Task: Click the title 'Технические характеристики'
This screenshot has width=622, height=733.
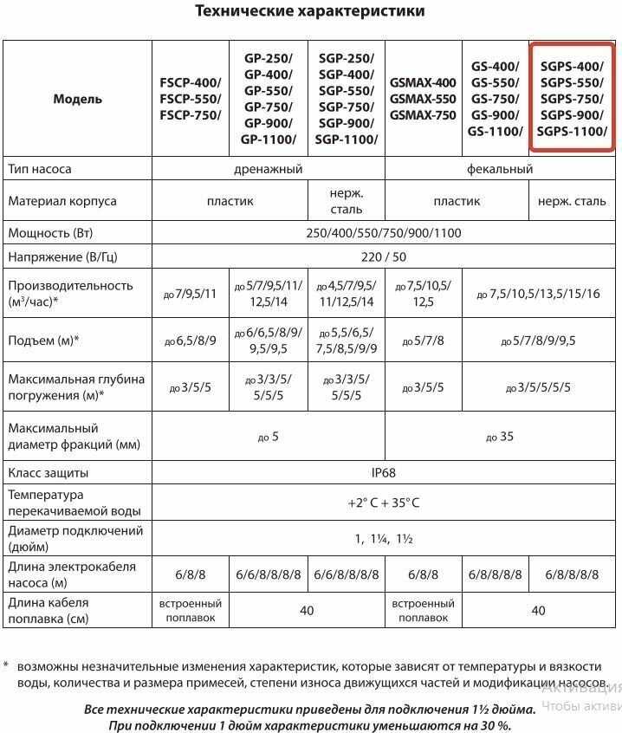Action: (310, 11)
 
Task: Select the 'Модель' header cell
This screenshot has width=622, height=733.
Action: (77, 99)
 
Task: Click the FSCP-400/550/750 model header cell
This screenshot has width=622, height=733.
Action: (190, 99)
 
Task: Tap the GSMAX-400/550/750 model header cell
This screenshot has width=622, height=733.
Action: (423, 99)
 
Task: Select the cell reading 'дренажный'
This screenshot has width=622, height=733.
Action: (268, 169)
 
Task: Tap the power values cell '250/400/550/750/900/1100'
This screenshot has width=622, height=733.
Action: (383, 234)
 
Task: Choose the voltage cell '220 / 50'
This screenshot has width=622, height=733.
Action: (383, 257)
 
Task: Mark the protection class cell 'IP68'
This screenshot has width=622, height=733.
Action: (383, 474)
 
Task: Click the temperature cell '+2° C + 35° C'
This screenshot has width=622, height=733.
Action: (383, 503)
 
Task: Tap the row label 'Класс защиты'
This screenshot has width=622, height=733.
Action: (49, 474)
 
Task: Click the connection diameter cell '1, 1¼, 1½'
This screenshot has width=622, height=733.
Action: (383, 539)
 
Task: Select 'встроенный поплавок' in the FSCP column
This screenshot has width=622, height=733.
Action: (190, 610)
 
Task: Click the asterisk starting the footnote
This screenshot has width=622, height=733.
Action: (5, 666)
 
